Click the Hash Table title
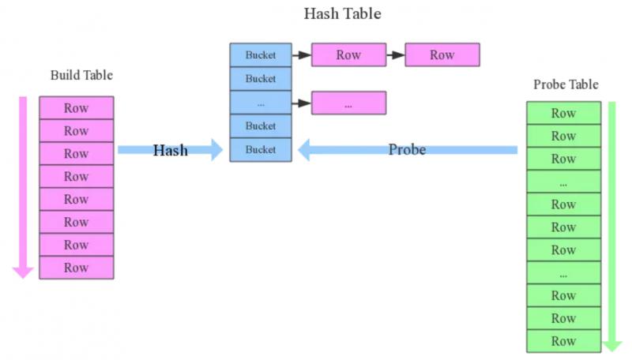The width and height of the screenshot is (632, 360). [342, 14]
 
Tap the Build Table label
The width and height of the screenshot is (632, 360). [81, 76]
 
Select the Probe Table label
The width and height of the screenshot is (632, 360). [566, 84]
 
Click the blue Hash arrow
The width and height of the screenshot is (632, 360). [170, 149]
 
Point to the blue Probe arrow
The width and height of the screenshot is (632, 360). [407, 149]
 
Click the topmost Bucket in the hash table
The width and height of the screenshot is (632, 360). [261, 55]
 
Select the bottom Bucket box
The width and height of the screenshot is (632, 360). [261, 150]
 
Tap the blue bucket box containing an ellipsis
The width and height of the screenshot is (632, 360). [261, 103]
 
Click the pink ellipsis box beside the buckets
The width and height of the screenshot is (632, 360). [348, 103]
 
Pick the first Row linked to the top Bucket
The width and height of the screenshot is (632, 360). [348, 55]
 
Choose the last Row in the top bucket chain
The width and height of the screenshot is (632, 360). [442, 55]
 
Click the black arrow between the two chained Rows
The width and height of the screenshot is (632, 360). [395, 55]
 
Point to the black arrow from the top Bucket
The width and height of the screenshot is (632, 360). [302, 55]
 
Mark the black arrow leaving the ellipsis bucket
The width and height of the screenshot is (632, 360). [302, 103]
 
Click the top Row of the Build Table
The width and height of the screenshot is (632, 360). [77, 108]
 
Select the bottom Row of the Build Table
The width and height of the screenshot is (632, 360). [77, 268]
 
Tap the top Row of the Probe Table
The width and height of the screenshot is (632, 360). [563, 113]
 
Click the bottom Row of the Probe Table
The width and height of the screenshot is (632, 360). [563, 341]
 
